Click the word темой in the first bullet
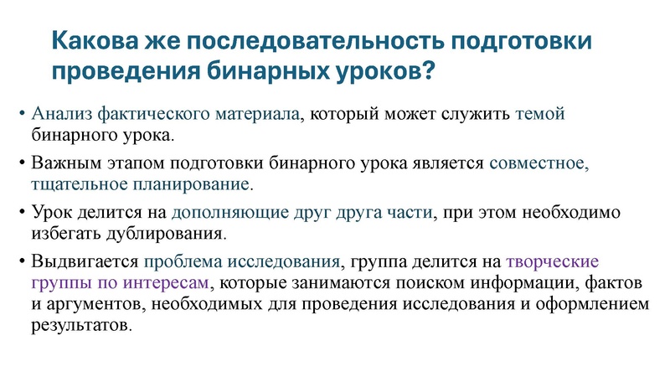click(541, 113)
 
